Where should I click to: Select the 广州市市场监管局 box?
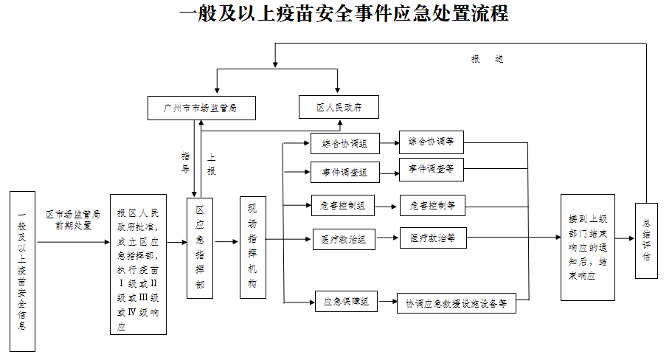click(201, 108)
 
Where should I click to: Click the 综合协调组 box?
click(344, 143)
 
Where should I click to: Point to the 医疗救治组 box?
click(344, 239)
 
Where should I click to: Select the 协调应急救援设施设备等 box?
click(456, 302)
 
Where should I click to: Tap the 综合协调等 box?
click(432, 142)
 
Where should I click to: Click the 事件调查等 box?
click(432, 169)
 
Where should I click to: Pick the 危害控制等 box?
click(432, 205)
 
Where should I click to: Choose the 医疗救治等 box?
click(432, 238)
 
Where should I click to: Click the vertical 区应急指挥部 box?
click(200, 247)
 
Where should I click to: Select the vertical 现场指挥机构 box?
click(252, 247)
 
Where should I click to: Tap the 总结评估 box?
click(646, 240)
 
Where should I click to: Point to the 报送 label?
click(488, 59)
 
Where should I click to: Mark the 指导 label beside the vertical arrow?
click(185, 162)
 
